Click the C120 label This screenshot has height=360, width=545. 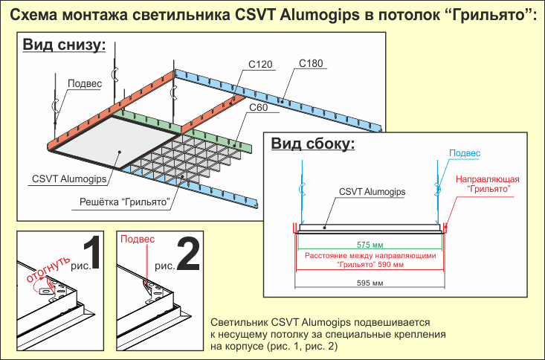click(259, 65)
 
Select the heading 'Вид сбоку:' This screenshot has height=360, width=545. click(312, 143)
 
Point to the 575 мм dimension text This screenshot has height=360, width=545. click(370, 244)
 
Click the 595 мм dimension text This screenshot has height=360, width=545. click(370, 283)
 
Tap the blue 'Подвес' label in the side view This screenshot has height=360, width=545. click(462, 153)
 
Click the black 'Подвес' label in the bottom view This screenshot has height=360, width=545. click(84, 83)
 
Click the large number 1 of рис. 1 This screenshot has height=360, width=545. click(92, 255)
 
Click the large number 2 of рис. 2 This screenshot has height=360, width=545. click(188, 255)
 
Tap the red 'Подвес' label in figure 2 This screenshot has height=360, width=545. click(138, 240)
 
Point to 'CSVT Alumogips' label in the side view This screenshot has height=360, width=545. click(372, 192)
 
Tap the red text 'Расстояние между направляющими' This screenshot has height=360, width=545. click(370, 256)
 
